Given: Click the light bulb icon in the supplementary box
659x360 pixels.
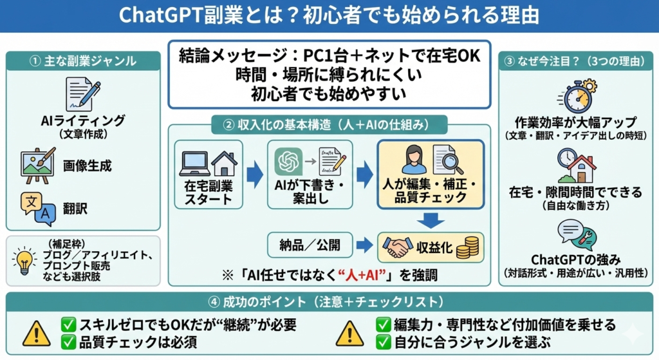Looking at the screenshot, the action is (24, 261).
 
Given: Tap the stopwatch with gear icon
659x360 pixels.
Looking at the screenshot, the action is (578, 95).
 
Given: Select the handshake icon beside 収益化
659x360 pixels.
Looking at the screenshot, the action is (397, 247).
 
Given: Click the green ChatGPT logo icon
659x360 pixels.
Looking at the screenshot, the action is (288, 161).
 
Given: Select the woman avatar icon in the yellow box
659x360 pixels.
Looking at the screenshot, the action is (414, 160).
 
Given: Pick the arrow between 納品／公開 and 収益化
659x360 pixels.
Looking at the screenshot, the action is (364, 245).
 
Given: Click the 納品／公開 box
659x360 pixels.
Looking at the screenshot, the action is (310, 245).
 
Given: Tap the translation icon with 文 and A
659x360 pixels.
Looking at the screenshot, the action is (38, 209).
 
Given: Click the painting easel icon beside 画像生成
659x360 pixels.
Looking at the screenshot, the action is (38, 166).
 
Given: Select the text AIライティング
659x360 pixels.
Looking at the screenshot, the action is (83, 120).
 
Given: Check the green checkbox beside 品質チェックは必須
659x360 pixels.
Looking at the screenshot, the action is (68, 343).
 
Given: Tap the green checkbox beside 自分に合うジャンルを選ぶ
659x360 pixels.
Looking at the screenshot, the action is (384, 342).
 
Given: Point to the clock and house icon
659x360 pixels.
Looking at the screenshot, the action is (576, 166).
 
